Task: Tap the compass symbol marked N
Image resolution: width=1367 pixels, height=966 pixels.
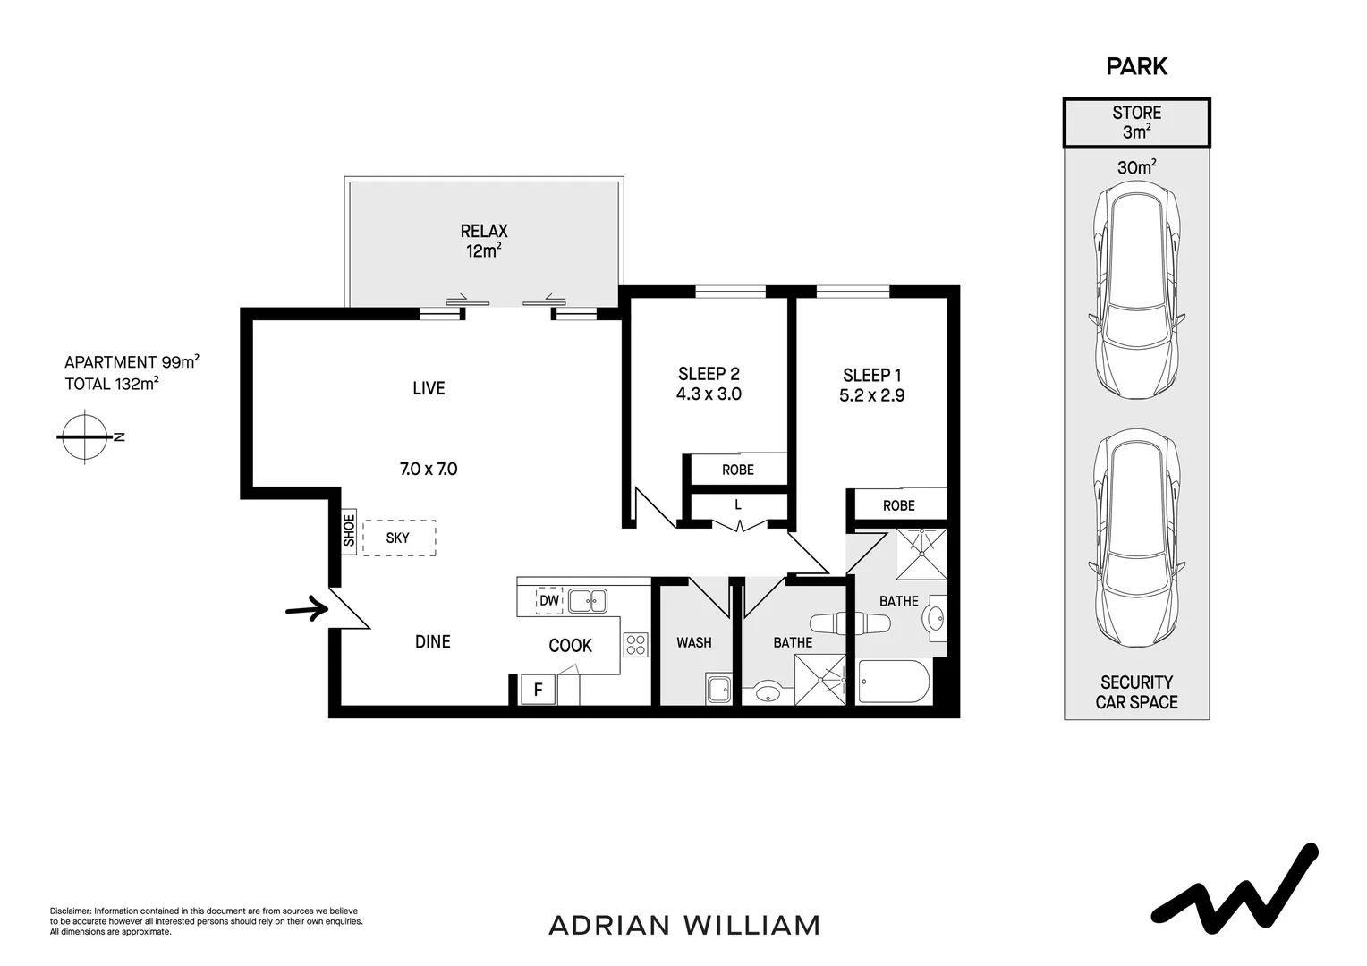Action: (86, 436)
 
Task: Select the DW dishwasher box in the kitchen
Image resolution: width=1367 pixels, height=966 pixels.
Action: (548, 600)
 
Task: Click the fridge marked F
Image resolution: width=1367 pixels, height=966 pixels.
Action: (538, 690)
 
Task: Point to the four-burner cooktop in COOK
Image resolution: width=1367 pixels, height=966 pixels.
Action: (636, 645)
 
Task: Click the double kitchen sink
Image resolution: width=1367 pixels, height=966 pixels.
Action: (586, 600)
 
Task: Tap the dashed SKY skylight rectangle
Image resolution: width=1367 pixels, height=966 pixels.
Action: (399, 538)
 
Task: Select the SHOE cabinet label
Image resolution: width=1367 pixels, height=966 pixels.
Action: (349, 530)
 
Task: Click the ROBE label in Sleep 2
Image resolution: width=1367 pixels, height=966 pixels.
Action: (738, 470)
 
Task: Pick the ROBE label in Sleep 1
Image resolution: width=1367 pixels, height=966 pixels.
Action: (898, 505)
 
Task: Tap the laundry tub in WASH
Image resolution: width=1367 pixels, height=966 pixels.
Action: (718, 690)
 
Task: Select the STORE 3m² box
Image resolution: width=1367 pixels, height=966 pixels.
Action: (1136, 123)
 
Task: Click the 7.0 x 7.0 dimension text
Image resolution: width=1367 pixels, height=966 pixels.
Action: (429, 469)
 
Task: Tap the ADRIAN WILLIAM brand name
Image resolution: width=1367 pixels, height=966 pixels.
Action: (683, 925)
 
